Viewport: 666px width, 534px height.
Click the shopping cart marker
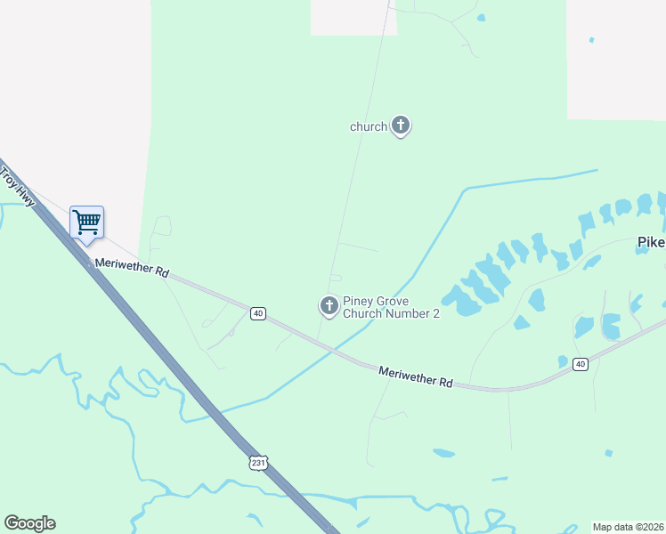pyautogui.click(x=86, y=222)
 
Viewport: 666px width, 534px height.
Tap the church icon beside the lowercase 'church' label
pyautogui.click(x=401, y=126)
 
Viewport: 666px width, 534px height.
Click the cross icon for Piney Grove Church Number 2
pyautogui.click(x=329, y=306)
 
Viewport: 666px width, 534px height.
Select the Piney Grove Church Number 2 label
pyautogui.click(x=391, y=307)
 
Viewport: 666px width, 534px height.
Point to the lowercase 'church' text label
pyautogui.click(x=368, y=126)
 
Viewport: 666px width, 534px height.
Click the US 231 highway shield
pyautogui.click(x=258, y=463)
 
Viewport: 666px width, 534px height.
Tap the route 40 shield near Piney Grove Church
pyautogui.click(x=257, y=313)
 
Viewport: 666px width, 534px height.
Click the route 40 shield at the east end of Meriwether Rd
pyautogui.click(x=581, y=363)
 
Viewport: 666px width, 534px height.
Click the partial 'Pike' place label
pyautogui.click(x=651, y=242)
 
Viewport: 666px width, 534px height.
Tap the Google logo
pyautogui.click(x=29, y=523)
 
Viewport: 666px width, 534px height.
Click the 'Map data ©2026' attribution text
pyautogui.click(x=629, y=527)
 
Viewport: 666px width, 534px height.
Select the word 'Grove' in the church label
pyautogui.click(x=393, y=301)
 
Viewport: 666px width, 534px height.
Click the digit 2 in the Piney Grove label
pyautogui.click(x=435, y=313)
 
